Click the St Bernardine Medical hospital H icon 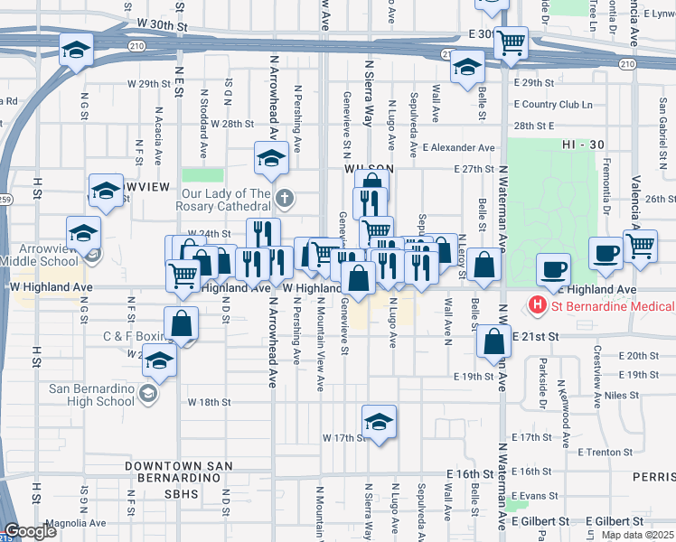(x=538, y=305)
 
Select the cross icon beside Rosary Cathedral (x=285, y=198)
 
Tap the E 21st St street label (x=533, y=335)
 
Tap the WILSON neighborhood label (x=369, y=169)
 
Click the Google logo (x=31, y=531)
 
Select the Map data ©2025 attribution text (x=637, y=535)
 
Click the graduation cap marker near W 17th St (x=379, y=422)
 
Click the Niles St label (x=622, y=395)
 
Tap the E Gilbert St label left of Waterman (x=540, y=522)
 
